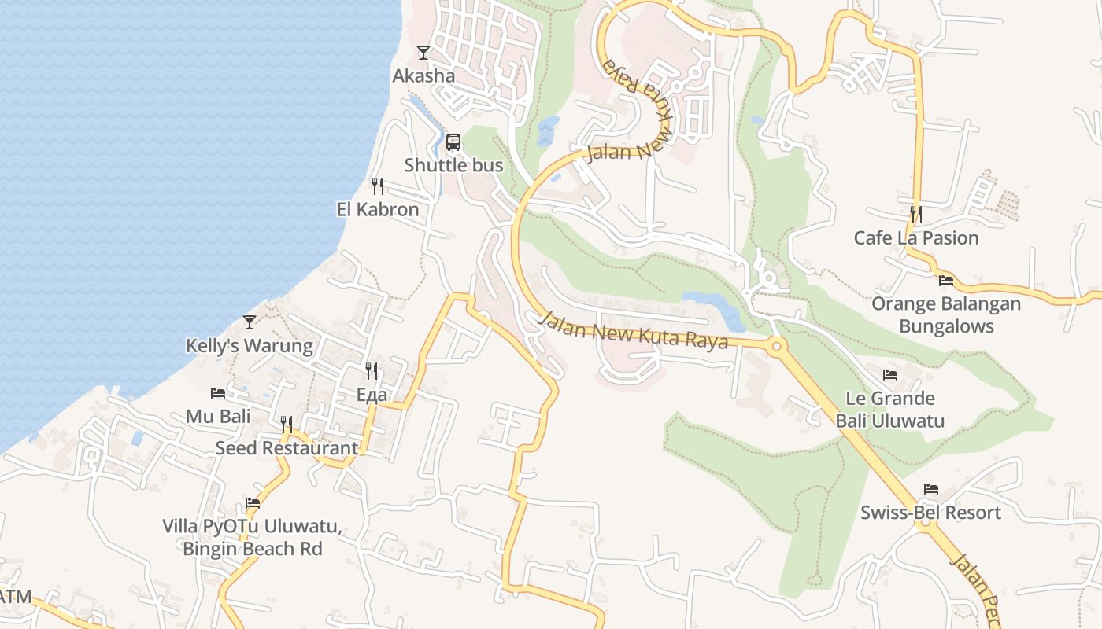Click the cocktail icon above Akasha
pos(423,53)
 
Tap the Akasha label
pos(423,75)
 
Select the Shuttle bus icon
pos(453,142)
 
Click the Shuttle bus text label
pos(453,165)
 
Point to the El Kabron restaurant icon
pos(378,186)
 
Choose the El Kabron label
pos(378,209)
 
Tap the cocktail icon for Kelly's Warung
pos(250,322)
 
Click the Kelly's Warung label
pos(249,345)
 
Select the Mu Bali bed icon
pos(218,392)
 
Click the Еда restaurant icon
pos(372,371)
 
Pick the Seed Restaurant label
pos(287,448)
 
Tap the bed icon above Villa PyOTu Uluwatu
pos(253,502)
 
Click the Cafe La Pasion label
pos(916,237)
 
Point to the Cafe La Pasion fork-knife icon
pos(915,214)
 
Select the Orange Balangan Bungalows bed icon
pos(946,280)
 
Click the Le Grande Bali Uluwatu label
pos(890,410)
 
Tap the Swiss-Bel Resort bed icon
pos(931,489)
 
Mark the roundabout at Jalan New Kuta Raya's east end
pos(777,345)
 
